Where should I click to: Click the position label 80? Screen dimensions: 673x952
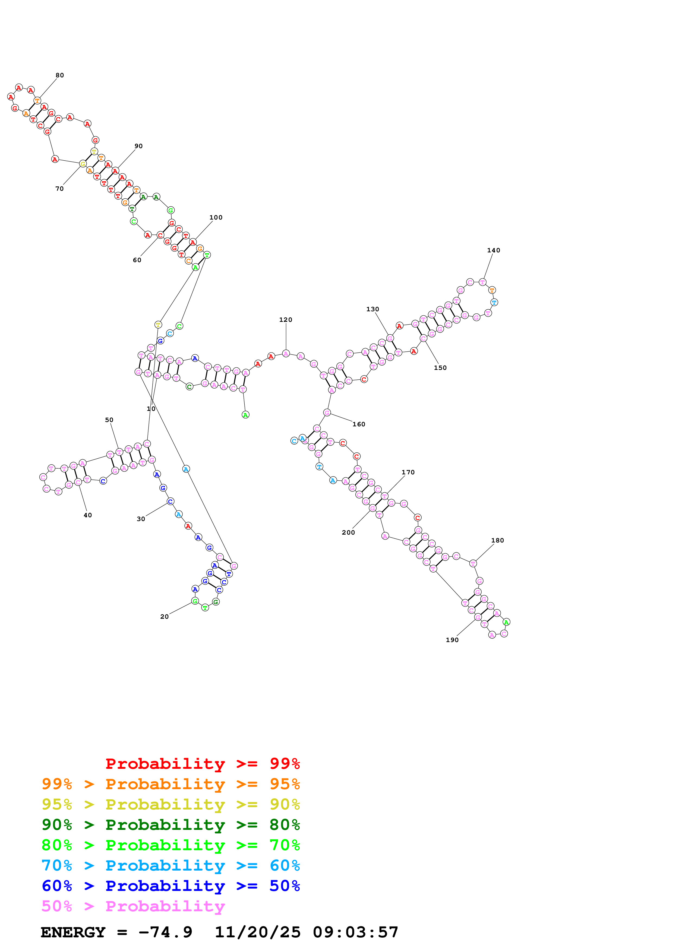(60, 75)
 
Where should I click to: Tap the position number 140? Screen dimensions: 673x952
(494, 250)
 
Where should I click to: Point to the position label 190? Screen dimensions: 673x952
(452, 640)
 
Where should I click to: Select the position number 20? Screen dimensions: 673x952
(164, 617)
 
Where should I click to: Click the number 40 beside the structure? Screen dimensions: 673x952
(87, 515)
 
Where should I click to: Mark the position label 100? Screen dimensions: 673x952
(216, 218)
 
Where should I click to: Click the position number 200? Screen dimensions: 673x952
(348, 533)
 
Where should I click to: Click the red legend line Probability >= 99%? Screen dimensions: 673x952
(202, 764)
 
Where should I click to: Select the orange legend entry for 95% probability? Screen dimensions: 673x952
(170, 784)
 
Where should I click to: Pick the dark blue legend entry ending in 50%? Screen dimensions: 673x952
(170, 886)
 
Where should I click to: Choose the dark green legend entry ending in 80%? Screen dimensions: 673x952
(170, 825)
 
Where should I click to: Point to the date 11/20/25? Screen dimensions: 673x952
(257, 932)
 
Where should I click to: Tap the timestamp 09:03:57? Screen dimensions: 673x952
(355, 932)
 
